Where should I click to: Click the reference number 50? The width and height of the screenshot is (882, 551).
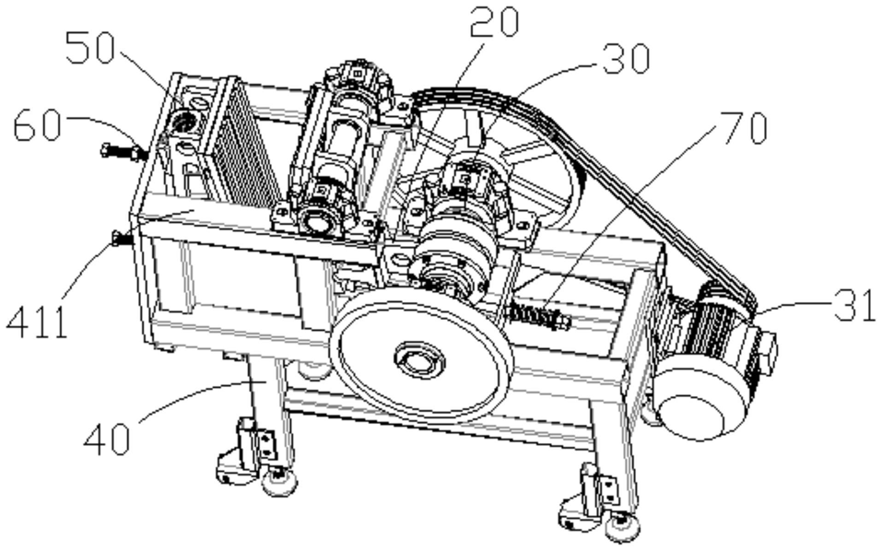click(x=90, y=48)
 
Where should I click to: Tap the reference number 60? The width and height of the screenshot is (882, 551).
click(x=38, y=124)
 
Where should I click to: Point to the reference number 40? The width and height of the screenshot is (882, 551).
click(x=107, y=440)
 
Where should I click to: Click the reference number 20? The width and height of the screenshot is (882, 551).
click(x=494, y=22)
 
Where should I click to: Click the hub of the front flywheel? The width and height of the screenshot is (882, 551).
click(x=419, y=358)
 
